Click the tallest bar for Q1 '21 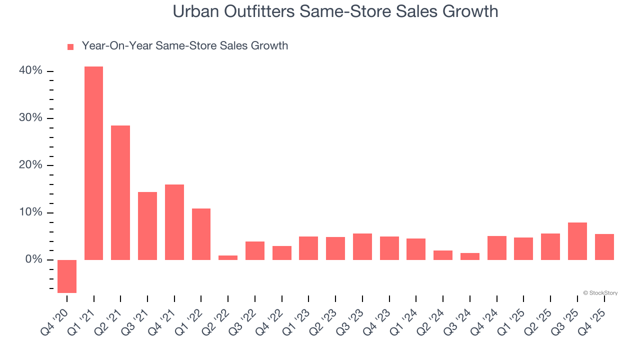pyautogui.click(x=93, y=163)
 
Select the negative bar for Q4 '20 pyautogui.click(x=67, y=276)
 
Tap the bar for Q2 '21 pyautogui.click(x=120, y=192)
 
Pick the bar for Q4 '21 pyautogui.click(x=174, y=222)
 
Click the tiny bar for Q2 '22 pyautogui.click(x=228, y=257)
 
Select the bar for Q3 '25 pyautogui.click(x=577, y=241)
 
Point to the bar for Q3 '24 pyautogui.click(x=470, y=256)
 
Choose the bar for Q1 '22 pyautogui.click(x=201, y=234)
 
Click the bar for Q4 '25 pyautogui.click(x=604, y=246)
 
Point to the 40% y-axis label pyautogui.click(x=30, y=71)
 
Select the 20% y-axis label pyautogui.click(x=30, y=165)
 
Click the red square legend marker pyautogui.click(x=70, y=47)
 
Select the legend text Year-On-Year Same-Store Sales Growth pyautogui.click(x=184, y=46)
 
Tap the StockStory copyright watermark pyautogui.click(x=600, y=293)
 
